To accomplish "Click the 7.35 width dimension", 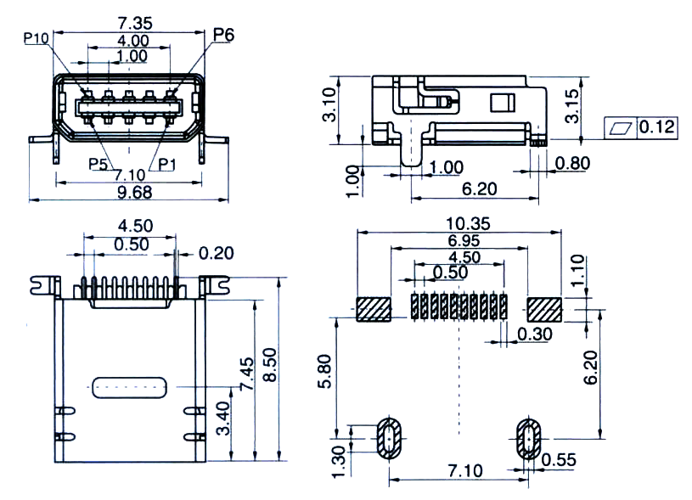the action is pos(135,23).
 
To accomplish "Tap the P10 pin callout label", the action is pos(36,38).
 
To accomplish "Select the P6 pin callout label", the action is pos(223,35).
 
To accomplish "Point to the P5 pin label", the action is pos(98,164).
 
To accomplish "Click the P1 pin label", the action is pos(166,164).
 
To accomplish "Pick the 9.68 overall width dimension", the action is pos(135,193).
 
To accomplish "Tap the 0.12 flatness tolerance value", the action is pos(656,127).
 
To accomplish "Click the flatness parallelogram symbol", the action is pos(621,128).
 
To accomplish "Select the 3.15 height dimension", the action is pos(572,106).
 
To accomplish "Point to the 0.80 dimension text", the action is pos(572,163).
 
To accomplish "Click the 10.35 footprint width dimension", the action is pos(468,224).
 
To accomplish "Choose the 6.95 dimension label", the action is pos(464,240).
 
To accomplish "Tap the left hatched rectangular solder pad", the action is pos(374,309).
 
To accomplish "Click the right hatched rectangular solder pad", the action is pos(544,309).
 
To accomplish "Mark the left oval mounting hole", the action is pos(389,439).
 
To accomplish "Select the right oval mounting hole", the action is pos(529,439).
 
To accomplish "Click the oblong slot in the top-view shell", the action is pos(129,387).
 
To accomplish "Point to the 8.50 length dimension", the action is pos(269,364).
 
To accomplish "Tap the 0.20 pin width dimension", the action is pos(216,253).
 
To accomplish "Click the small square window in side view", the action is pos(503,103).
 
